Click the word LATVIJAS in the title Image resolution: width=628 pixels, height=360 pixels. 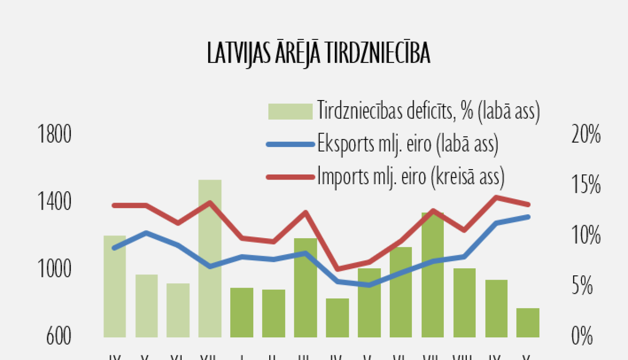click(239, 53)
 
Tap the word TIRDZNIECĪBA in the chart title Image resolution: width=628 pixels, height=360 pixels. click(377, 53)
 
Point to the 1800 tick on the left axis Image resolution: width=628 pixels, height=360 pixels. click(54, 134)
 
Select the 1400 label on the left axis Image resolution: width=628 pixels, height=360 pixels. click(54, 202)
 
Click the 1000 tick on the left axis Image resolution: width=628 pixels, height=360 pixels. click(54, 269)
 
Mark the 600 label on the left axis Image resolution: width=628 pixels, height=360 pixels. click(59, 336)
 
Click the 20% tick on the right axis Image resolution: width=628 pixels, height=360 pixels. click(586, 134)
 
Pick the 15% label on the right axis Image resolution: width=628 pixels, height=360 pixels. click(586, 184)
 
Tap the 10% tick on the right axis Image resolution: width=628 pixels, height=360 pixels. click(586, 235)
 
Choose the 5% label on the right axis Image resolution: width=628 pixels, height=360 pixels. click(582, 285)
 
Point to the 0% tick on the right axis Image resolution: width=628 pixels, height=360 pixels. click(582, 336)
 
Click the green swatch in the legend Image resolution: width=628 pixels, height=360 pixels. click(290, 111)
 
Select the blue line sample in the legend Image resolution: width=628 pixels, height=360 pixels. click(290, 144)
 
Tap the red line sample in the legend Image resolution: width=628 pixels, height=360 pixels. click(290, 177)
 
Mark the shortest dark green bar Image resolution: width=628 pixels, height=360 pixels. click(528, 323)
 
